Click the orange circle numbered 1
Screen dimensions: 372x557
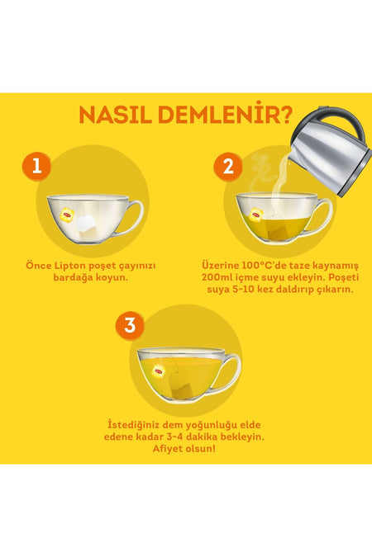tap(36, 166)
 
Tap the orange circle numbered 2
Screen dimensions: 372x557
tap(228, 166)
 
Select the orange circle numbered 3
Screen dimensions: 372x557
tap(130, 325)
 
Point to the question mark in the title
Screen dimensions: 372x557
tap(285, 115)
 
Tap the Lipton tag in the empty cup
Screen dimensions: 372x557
tap(68, 214)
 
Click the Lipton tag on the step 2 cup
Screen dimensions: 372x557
tap(256, 215)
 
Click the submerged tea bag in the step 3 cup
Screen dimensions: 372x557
tap(181, 385)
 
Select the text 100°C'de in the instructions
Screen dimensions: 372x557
tap(262, 266)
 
